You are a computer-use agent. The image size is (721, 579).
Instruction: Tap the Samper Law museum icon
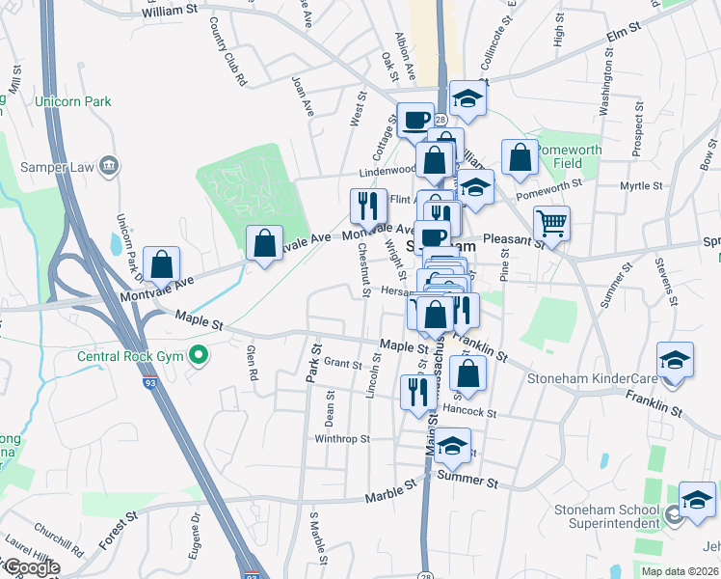pos(109,166)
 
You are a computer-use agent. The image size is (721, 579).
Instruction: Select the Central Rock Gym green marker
pos(200,356)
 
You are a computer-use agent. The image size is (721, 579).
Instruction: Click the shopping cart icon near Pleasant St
pos(551,224)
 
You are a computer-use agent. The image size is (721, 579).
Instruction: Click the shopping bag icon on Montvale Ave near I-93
pos(162,264)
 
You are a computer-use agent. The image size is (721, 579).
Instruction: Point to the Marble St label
pos(388,497)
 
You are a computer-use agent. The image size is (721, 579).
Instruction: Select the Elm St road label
pos(623,37)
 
